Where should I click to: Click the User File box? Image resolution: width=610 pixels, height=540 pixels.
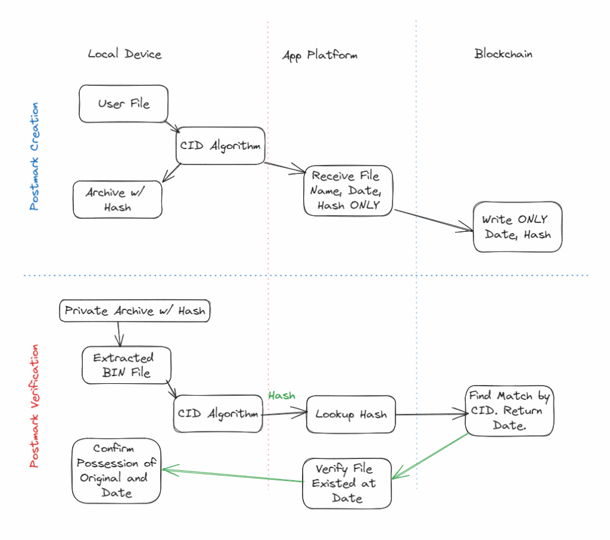pyautogui.click(x=124, y=104)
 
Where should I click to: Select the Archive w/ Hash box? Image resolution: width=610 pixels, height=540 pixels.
pyautogui.click(x=117, y=200)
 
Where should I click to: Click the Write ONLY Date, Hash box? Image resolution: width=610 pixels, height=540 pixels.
pyautogui.click(x=517, y=226)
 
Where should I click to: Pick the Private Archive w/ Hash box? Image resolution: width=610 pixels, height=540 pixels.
pyautogui.click(x=135, y=311)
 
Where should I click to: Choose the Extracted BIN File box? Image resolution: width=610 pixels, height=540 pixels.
pyautogui.click(x=126, y=365)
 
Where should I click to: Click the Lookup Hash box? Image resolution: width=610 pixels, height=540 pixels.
pyautogui.click(x=351, y=414)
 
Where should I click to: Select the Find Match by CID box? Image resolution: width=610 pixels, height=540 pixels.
pyautogui.click(x=509, y=410)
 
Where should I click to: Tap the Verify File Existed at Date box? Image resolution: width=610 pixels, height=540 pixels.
pyautogui.click(x=347, y=483)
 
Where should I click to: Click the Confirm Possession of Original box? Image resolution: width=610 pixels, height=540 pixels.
pyautogui.click(x=116, y=471)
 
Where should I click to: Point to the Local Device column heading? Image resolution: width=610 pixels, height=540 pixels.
pyautogui.click(x=125, y=54)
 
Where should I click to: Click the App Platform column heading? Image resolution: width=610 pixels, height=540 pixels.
pyautogui.click(x=320, y=55)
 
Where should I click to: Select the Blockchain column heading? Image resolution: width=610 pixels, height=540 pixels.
pyautogui.click(x=503, y=54)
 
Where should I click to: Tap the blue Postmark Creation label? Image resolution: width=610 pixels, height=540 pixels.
pyautogui.click(x=34, y=156)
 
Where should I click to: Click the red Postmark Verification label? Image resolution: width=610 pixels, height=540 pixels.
pyautogui.click(x=34, y=405)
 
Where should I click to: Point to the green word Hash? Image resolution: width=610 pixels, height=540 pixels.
pyautogui.click(x=282, y=395)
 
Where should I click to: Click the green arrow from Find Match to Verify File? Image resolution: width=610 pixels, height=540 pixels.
pyautogui.click(x=430, y=455)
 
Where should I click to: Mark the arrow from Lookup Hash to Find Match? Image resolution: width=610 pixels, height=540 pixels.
pyautogui.click(x=430, y=414)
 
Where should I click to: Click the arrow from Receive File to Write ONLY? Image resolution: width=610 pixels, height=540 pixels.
pyautogui.click(x=434, y=219)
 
